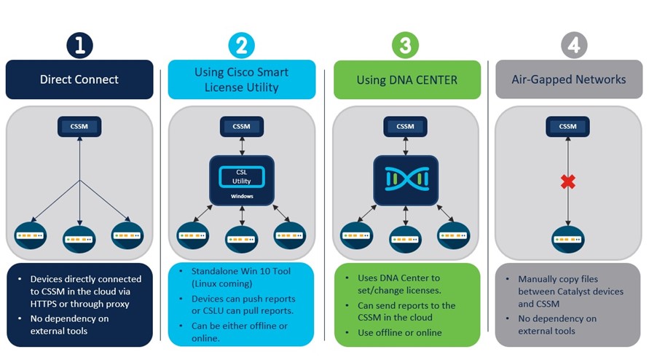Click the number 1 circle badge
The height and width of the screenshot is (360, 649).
click(79, 46)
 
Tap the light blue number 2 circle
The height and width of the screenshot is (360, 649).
click(241, 46)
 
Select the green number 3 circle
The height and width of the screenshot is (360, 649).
click(405, 46)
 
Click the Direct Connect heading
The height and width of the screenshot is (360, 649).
click(79, 79)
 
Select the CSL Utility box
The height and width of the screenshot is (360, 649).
click(241, 174)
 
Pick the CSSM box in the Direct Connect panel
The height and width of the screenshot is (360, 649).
click(79, 127)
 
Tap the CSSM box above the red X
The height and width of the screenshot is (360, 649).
click(567, 127)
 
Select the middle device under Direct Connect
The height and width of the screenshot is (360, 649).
click(79, 238)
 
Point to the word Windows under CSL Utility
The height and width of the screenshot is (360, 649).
click(241, 196)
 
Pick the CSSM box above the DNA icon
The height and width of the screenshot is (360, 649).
click(405, 127)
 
